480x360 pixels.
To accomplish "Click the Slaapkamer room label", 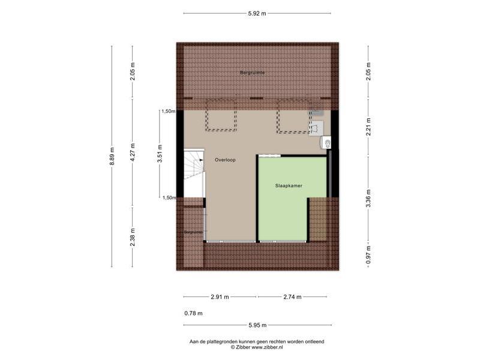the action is (289, 185).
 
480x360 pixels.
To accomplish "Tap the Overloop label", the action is (225, 160).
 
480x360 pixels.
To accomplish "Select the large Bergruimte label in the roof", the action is (253, 73).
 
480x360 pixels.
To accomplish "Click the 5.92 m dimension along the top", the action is (257, 13).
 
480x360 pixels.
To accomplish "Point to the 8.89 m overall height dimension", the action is (112, 156).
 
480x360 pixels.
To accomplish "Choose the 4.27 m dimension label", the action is (132, 152).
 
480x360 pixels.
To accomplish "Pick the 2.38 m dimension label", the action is (132, 237).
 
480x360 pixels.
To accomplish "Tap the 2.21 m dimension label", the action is (368, 127).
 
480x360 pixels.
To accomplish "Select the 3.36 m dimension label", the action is (368, 199).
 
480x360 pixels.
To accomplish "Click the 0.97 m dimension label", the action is (368, 254).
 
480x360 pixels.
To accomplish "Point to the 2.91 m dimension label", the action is (220, 297).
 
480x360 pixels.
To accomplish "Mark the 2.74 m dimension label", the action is (292, 297).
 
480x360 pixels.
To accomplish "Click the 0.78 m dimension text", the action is (193, 313).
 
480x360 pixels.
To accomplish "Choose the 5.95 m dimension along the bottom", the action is (258, 325).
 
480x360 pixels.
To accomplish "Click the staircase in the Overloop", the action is (194, 173).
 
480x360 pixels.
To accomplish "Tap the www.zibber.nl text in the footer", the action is (267, 347).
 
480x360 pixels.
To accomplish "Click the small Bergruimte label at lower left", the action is (193, 232).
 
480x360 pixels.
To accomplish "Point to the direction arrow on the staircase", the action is (201, 160).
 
